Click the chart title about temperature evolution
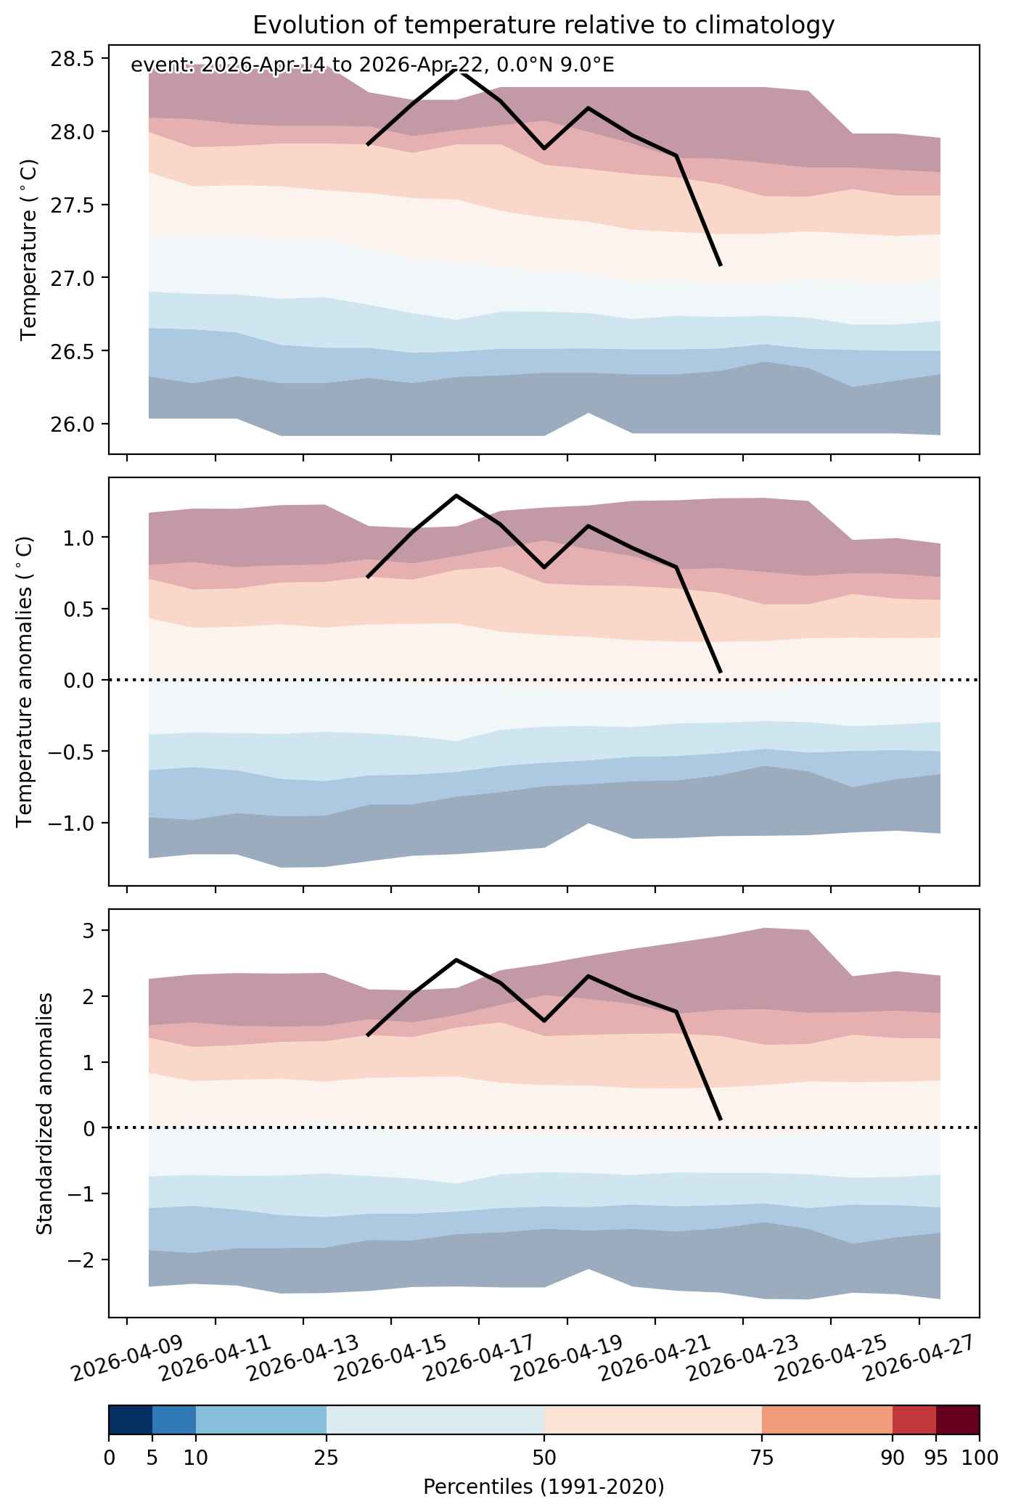[x=544, y=25]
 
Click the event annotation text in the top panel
[x=372, y=65]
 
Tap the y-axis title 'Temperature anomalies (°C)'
[x=25, y=681]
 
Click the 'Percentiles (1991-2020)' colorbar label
[x=544, y=1487]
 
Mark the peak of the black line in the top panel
[x=456, y=70]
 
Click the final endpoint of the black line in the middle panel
[x=720, y=672]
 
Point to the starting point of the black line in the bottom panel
[x=368, y=1035]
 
